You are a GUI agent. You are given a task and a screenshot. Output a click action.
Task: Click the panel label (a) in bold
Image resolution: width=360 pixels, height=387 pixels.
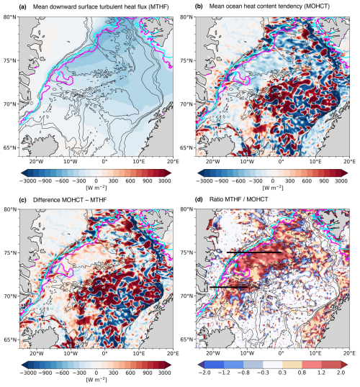point(22,7)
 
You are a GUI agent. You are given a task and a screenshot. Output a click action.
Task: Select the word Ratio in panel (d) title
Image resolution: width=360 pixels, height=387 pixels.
point(216,199)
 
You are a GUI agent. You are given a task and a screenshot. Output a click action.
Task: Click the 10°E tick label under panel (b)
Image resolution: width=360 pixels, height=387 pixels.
point(315,162)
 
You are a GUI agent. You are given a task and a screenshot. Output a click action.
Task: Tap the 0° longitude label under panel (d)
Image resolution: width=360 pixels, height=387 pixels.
point(281,353)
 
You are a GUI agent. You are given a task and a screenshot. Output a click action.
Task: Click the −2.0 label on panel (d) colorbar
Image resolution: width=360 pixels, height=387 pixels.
point(204,373)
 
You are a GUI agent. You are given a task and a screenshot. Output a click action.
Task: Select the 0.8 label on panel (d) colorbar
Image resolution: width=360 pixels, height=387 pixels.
point(302,373)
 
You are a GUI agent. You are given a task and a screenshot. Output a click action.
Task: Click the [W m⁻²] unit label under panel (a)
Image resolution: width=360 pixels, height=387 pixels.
point(96,188)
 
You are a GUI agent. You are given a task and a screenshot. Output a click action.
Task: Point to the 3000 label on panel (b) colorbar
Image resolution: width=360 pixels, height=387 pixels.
point(341,181)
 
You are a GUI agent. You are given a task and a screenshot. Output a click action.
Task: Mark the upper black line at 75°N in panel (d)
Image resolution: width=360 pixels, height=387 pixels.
point(253,252)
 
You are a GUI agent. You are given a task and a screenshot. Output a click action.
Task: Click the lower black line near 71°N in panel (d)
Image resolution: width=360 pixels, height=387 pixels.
point(228,287)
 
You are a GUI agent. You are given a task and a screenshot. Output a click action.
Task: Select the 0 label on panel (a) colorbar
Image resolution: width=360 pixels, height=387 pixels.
point(96,181)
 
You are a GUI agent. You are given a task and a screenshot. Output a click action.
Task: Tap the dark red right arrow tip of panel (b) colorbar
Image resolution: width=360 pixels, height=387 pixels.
point(346,173)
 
